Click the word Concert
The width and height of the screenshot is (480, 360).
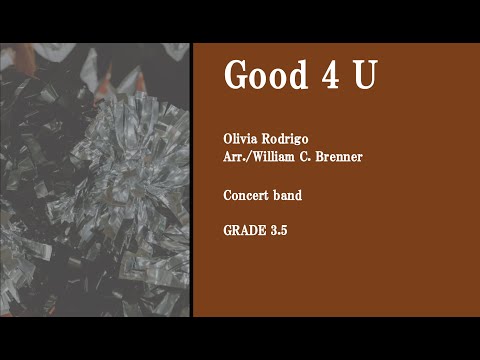click(245, 196)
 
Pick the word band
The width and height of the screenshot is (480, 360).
click(287, 196)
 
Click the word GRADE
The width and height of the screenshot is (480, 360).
click(243, 230)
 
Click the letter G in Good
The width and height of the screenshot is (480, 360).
click(235, 75)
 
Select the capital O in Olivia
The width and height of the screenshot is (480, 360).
click(228, 138)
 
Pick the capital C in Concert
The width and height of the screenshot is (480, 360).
click(228, 196)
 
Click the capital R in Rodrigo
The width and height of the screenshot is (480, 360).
click(267, 138)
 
